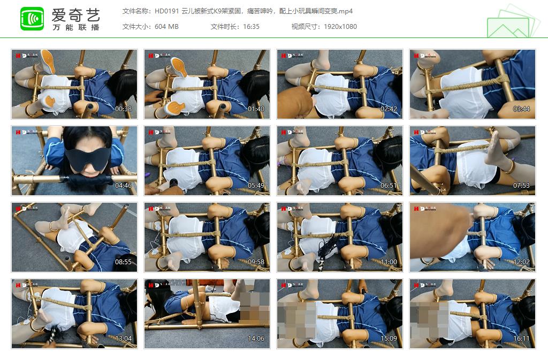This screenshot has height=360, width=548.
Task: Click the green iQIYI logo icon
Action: (x=32, y=19)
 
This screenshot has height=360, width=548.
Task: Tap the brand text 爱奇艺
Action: (x=75, y=14)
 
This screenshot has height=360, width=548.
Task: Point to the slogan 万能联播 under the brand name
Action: (x=75, y=27)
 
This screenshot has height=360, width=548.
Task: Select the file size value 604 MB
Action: (x=166, y=27)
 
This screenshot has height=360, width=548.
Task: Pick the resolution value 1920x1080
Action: (x=340, y=27)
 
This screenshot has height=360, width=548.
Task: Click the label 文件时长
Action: (x=224, y=27)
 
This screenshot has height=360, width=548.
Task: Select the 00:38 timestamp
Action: (x=124, y=109)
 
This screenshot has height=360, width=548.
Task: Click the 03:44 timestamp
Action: (x=522, y=109)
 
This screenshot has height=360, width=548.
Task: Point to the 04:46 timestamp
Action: (x=124, y=186)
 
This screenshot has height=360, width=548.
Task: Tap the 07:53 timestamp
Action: (x=522, y=186)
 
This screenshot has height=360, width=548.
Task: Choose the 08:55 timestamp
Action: (x=124, y=262)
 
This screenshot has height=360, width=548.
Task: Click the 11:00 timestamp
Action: (x=389, y=262)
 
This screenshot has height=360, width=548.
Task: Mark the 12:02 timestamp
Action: (x=522, y=262)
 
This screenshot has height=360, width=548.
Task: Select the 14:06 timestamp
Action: (x=256, y=339)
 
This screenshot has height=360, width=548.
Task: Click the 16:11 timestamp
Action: (x=522, y=339)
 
